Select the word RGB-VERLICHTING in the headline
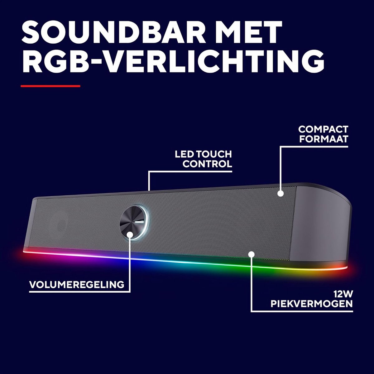[x=173, y=61]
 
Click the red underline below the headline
[x=50, y=86]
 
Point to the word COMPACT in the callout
[x=323, y=129]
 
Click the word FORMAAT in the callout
[x=324, y=139]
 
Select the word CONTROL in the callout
[x=207, y=164]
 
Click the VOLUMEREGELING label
[x=77, y=285]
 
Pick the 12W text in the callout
[x=343, y=294]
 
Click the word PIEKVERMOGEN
[x=311, y=304]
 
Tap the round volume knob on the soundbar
[x=133, y=223]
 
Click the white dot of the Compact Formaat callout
[x=280, y=193]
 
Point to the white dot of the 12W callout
[x=252, y=254]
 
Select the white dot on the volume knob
[x=130, y=235]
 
